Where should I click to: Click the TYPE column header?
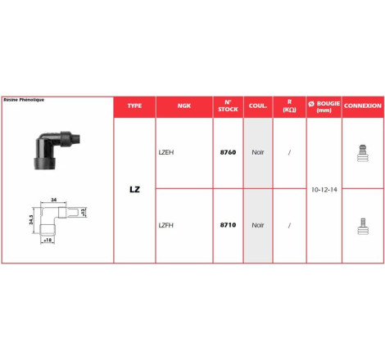coord(134,106)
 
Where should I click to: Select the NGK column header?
coord(184,106)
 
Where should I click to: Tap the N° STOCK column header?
coord(228,106)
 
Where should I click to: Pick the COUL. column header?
coord(258,106)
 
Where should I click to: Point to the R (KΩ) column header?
coord(289,106)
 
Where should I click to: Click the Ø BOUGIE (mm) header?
coord(324,106)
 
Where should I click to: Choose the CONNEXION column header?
coord(363,106)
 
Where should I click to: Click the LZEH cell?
coord(166,152)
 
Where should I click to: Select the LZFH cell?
coord(166,225)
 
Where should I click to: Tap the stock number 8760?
coord(228,152)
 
